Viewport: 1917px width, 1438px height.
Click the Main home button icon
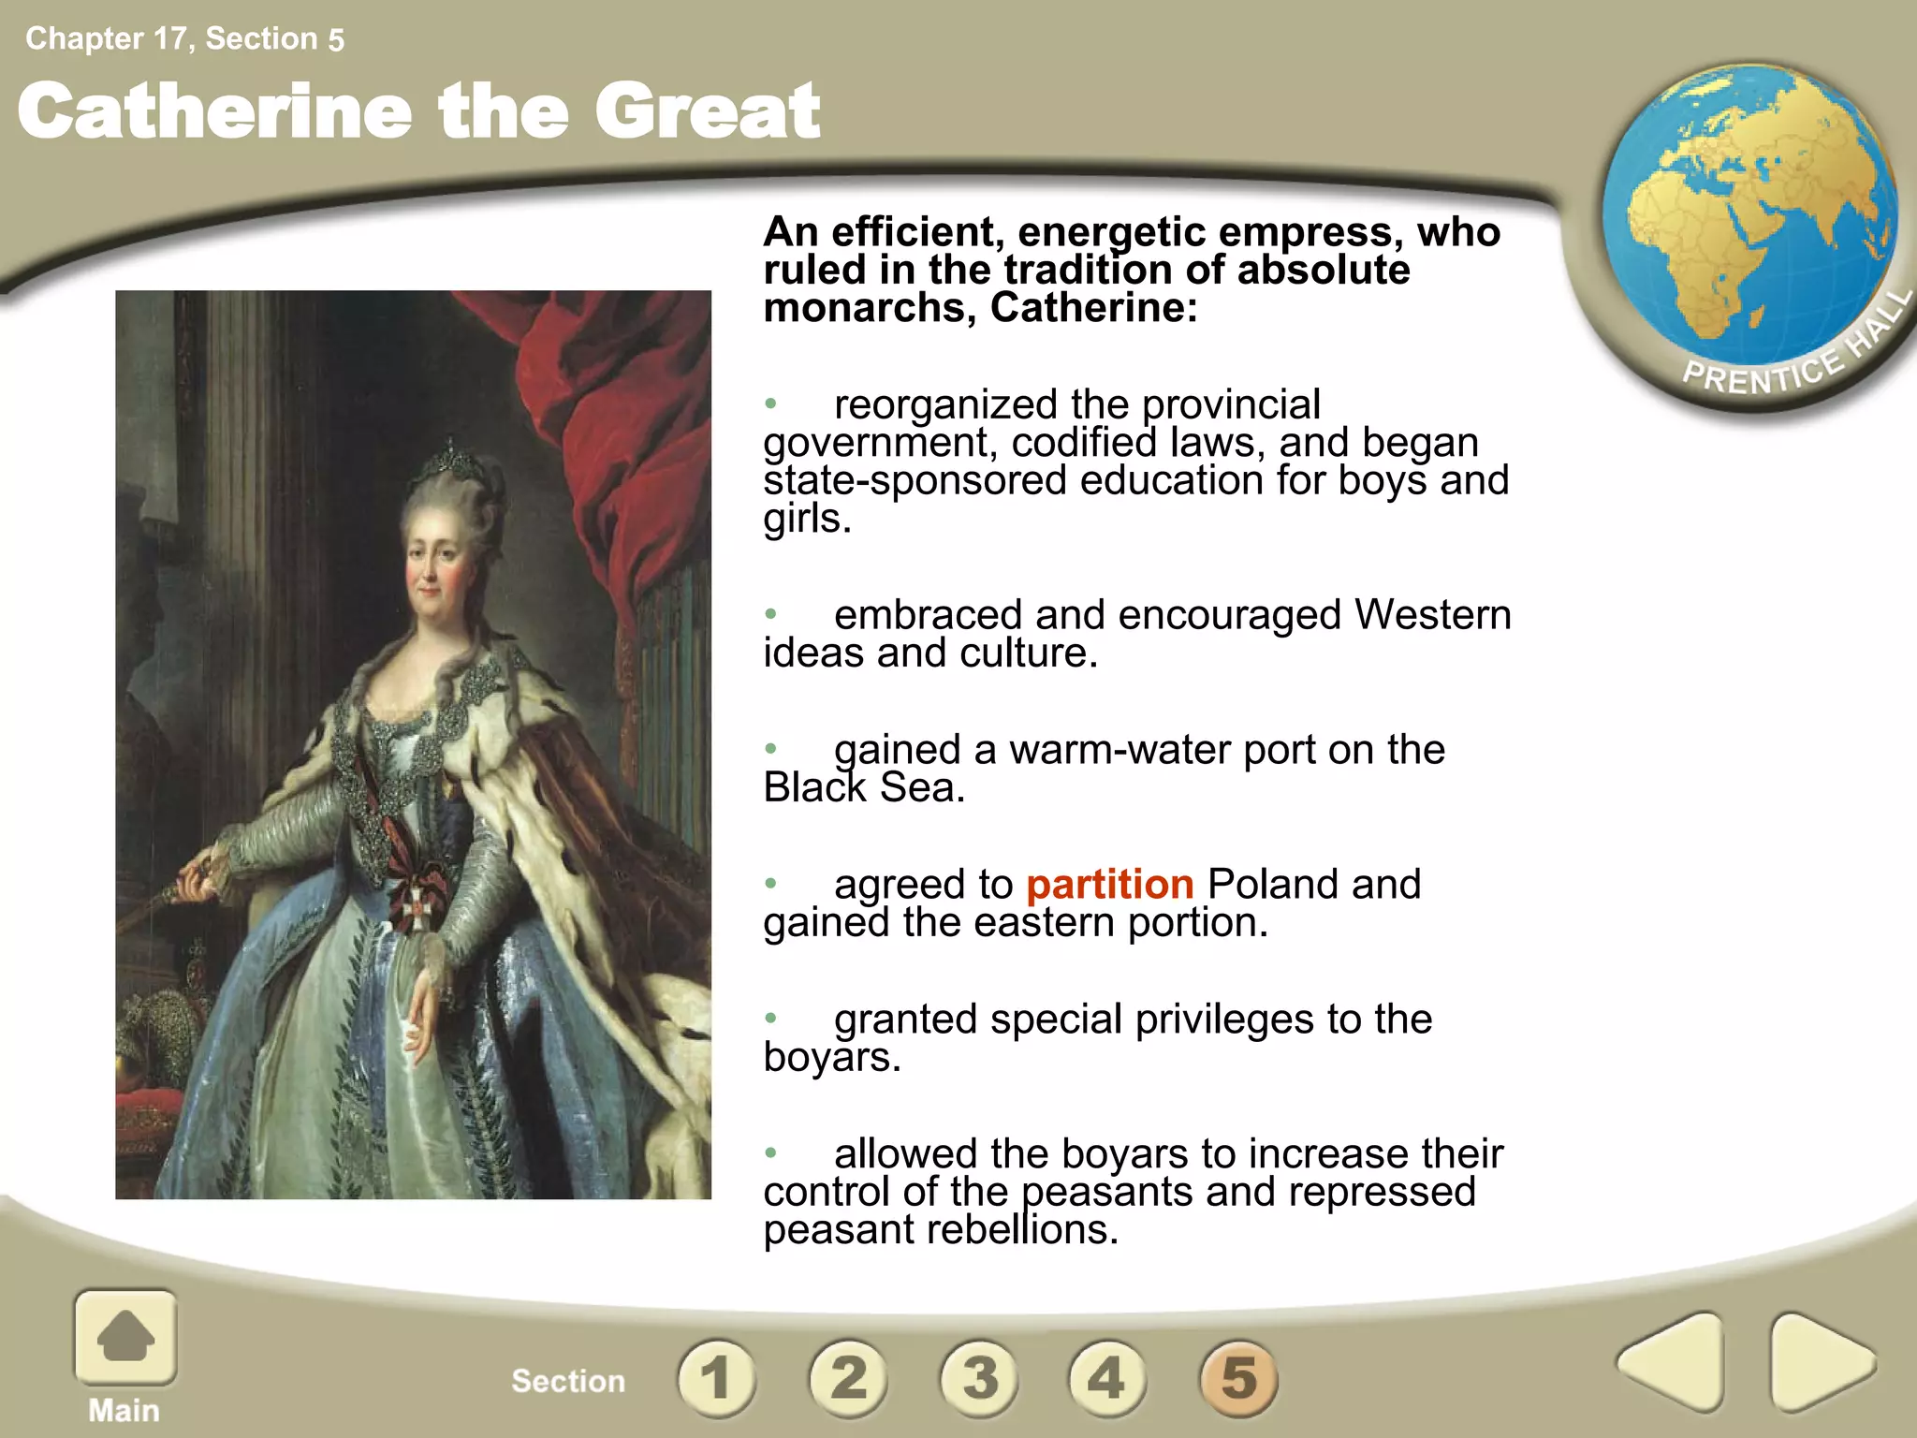pyautogui.click(x=125, y=1337)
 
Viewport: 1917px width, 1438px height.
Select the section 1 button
pyautogui.click(x=717, y=1377)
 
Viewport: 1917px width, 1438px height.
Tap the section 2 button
pyautogui.click(x=848, y=1377)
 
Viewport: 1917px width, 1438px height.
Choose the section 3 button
pyautogui.click(x=979, y=1377)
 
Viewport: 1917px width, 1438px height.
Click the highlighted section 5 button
pyautogui.click(x=1238, y=1377)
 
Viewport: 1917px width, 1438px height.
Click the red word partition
pyautogui.click(x=1109, y=885)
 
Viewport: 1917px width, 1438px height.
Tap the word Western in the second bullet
pyautogui.click(x=1432, y=615)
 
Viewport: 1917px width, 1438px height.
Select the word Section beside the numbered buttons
pyautogui.click(x=568, y=1381)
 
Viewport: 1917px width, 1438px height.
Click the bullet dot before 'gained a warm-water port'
pyautogui.click(x=770, y=749)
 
